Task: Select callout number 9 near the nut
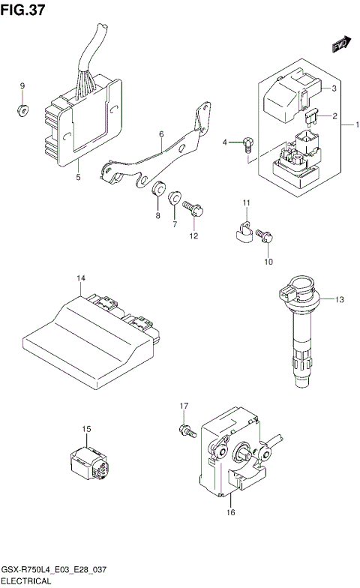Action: tap(22, 86)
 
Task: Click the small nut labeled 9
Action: tap(22, 112)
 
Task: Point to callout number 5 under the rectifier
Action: tap(78, 178)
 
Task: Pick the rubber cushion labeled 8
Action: tap(159, 190)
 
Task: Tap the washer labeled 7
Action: tap(175, 198)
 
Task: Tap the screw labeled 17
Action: tap(186, 431)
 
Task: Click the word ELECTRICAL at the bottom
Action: tap(26, 581)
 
